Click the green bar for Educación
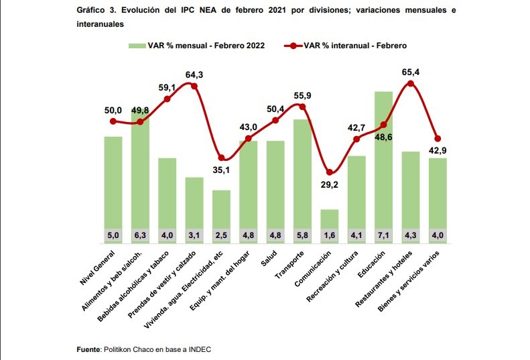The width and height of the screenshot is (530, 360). point(383,161)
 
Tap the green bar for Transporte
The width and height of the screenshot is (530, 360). point(302,174)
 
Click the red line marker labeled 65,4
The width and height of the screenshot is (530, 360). point(411,84)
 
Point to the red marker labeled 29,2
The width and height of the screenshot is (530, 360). point(329,172)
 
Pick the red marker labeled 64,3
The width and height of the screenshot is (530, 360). point(194,86)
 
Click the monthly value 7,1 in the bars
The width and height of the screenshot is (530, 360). point(383,235)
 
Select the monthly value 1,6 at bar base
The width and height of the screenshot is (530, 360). point(329,235)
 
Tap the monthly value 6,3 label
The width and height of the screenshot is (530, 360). point(140,235)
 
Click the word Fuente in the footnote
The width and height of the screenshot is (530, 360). point(88,349)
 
